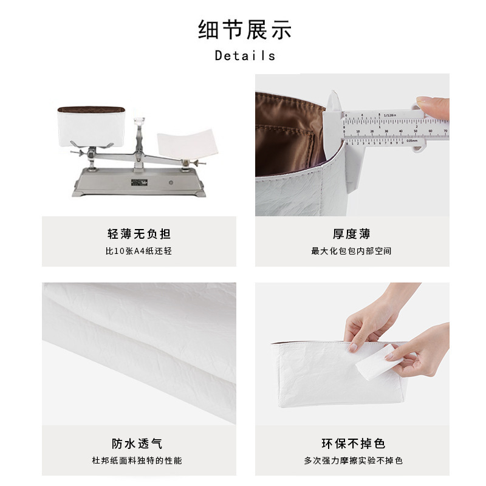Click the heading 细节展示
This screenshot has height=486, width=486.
[x=245, y=30]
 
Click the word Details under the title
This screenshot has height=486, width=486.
[x=245, y=56]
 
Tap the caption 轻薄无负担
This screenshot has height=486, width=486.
[x=139, y=234]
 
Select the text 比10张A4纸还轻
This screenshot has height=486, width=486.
[x=139, y=251]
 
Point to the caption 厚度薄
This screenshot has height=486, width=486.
[x=352, y=234]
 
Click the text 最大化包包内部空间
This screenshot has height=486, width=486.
[x=352, y=251]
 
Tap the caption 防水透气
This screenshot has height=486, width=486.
[x=137, y=443]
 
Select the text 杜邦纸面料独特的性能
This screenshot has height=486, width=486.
[x=137, y=460]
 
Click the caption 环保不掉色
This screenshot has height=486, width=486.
[x=354, y=443]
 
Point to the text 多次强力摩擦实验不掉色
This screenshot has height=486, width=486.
[x=354, y=460]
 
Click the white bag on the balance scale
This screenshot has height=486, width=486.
[x=91, y=126]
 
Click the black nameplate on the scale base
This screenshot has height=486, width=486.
[x=139, y=182]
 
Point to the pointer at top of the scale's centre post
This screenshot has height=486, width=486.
[x=140, y=121]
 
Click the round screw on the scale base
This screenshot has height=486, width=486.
[x=171, y=183]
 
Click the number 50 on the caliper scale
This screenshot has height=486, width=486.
[x=416, y=131]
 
